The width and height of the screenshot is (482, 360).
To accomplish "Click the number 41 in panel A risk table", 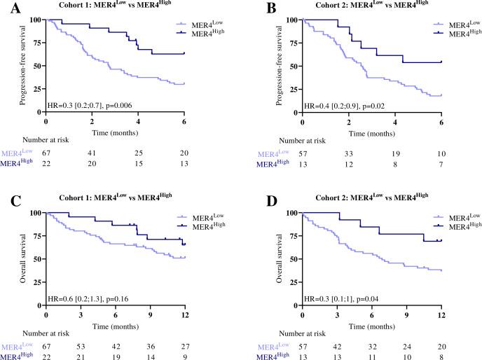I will [x=92, y=153].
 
